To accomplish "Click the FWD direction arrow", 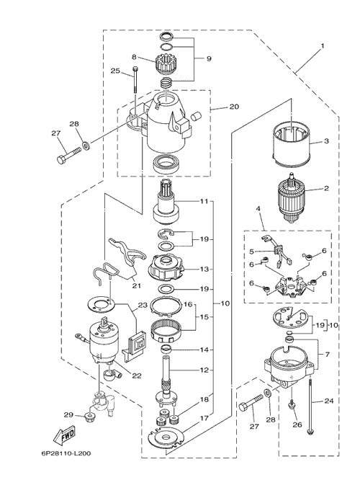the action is click(x=64, y=436).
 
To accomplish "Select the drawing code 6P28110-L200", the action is click(x=66, y=453).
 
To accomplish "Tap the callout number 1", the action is click(x=323, y=46).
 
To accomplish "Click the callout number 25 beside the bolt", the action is click(x=115, y=71).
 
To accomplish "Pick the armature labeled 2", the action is click(x=289, y=199).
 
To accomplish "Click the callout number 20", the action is click(x=234, y=107).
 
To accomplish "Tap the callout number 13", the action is click(x=204, y=269).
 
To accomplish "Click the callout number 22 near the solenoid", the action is click(x=137, y=375).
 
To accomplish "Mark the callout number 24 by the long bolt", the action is click(x=329, y=401).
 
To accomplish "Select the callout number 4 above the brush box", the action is click(x=258, y=209).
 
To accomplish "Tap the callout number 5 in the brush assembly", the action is click(x=251, y=252).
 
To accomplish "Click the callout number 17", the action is click(x=204, y=418).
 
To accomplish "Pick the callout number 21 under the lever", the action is click(x=136, y=286).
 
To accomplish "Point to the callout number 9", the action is click(x=209, y=58).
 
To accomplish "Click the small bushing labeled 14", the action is click(x=166, y=350).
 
